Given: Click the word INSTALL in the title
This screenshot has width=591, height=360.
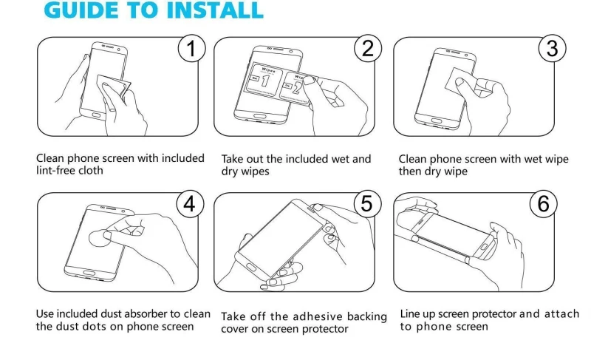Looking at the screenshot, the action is [x=214, y=10].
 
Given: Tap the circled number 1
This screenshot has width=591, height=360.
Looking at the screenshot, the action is [x=191, y=48].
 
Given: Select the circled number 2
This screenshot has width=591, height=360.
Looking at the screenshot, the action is [x=368, y=48].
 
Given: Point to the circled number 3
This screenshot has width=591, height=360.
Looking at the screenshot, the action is [x=552, y=48].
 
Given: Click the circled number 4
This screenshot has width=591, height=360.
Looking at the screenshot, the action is [x=190, y=204].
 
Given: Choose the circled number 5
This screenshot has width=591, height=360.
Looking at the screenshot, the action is [x=367, y=204].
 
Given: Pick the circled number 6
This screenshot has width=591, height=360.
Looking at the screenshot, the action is [x=543, y=204].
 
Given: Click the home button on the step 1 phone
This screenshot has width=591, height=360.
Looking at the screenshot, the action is [x=96, y=115].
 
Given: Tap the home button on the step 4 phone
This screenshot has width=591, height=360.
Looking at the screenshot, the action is [x=89, y=273].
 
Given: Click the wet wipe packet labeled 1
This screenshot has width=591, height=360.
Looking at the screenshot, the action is [x=264, y=81].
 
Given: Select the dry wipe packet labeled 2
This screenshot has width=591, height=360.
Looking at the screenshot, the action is [x=297, y=88].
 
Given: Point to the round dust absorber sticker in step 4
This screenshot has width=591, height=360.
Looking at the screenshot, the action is [x=100, y=237].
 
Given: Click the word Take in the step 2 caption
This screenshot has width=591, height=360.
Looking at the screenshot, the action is [x=232, y=159].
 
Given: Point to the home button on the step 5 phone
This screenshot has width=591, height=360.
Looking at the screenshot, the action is [x=250, y=268].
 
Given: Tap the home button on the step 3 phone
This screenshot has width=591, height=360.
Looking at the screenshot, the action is [x=437, y=121].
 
